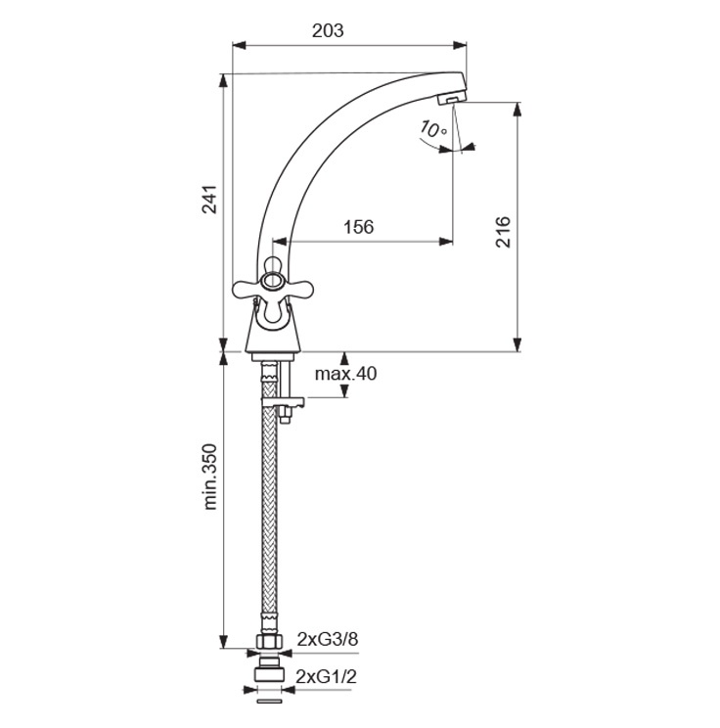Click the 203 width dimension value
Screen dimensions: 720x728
[x=328, y=31]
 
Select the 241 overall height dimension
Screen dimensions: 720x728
[x=209, y=200]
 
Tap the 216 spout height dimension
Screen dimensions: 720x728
[x=503, y=232]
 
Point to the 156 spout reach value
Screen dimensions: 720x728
[x=358, y=227]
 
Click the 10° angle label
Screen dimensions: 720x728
[x=431, y=129]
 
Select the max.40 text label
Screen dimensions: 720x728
[x=346, y=373]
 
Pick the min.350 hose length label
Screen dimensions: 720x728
[x=209, y=477]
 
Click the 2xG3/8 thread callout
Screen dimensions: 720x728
[x=328, y=640]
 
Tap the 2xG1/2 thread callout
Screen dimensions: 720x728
[x=327, y=677]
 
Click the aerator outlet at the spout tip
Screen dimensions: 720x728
[x=453, y=98]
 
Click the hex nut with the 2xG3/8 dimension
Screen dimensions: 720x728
[x=269, y=642]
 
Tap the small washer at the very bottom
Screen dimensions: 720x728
[x=269, y=701]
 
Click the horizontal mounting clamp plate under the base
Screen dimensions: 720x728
[x=283, y=401]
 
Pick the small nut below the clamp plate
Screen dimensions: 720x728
[x=285, y=414]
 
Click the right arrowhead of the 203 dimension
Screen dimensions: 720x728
[x=460, y=45]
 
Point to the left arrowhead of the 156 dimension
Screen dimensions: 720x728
[x=280, y=242]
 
